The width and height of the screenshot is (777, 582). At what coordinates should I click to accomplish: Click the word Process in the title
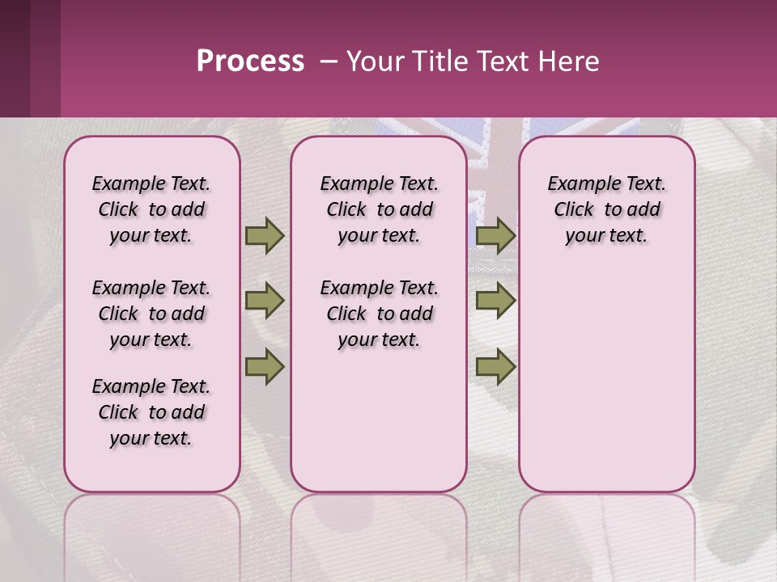250,61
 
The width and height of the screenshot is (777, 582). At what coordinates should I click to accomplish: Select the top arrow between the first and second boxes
264,236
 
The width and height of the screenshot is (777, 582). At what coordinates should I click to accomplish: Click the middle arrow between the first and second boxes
264,301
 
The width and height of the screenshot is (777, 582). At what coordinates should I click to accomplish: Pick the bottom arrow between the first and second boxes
264,367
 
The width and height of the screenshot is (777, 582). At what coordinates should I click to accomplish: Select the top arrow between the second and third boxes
495,236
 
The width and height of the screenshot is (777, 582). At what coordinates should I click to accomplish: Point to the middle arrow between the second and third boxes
495,301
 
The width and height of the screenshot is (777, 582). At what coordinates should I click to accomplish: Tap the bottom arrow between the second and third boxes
495,367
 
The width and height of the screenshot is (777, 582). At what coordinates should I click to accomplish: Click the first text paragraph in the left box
151,209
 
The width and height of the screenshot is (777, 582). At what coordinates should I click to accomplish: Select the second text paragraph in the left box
151,314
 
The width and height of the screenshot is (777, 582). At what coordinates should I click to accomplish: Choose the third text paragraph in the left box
151,412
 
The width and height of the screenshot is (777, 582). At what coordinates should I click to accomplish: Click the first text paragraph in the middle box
380,209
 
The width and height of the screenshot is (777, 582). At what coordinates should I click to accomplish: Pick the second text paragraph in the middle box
380,314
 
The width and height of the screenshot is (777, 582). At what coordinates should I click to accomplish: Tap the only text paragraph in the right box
607,209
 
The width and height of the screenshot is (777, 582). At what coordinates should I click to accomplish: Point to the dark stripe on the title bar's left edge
15,58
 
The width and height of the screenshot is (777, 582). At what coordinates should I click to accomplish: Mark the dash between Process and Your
328,61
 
